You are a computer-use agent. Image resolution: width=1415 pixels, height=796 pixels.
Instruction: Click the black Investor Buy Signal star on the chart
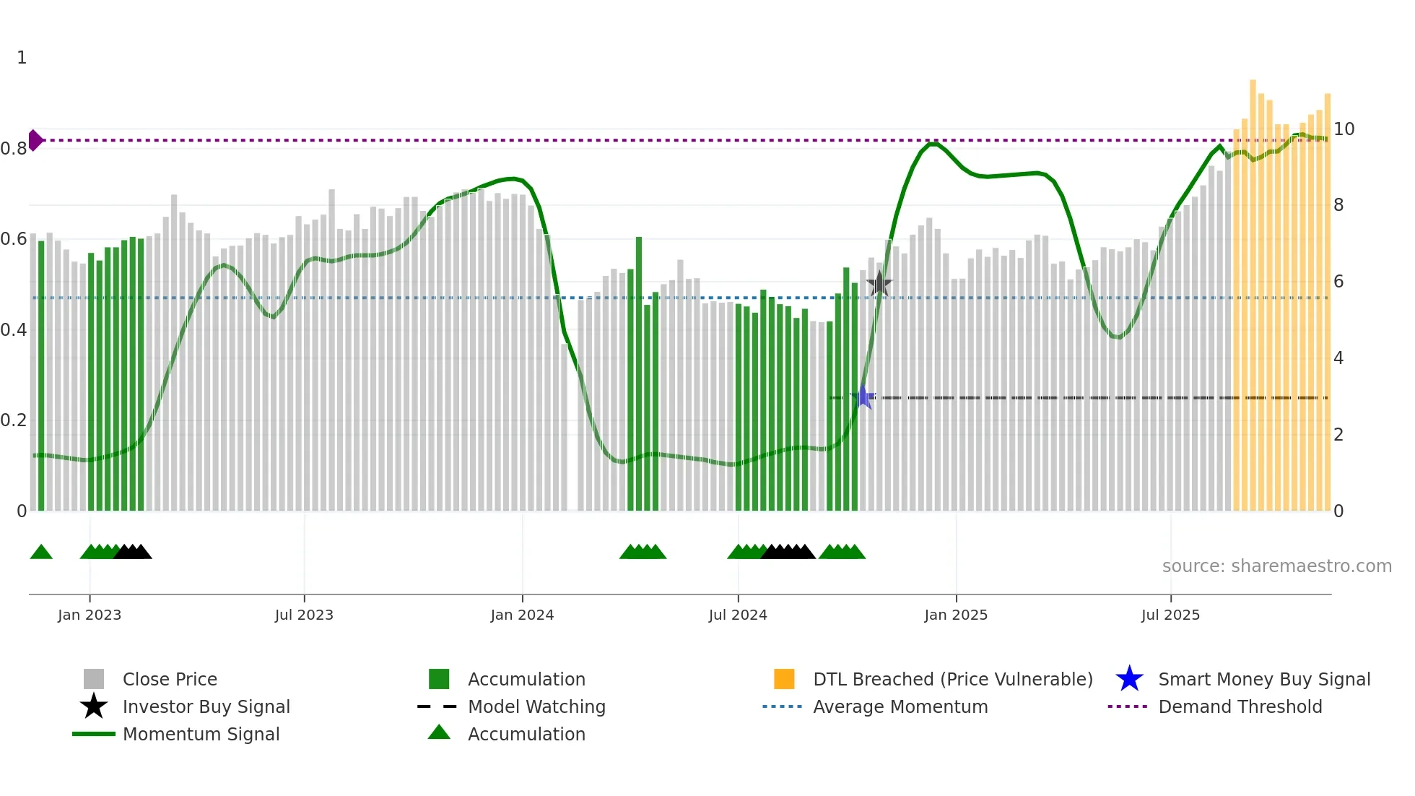879,284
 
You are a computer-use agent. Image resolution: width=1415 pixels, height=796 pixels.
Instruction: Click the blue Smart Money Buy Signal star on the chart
863,397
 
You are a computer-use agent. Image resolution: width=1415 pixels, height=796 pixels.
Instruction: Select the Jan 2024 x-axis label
522,615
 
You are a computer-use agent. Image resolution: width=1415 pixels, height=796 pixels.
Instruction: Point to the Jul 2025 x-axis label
1170,615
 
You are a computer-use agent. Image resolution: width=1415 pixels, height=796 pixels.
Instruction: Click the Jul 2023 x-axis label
304,615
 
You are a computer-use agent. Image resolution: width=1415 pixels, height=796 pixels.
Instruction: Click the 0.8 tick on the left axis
14,149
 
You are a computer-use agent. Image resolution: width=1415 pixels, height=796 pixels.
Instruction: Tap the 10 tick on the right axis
1344,129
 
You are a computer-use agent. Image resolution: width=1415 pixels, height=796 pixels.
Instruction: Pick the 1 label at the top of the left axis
22,58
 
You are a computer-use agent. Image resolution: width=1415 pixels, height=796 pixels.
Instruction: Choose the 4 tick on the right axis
1338,358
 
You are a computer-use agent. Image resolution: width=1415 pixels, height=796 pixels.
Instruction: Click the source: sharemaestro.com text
1276,566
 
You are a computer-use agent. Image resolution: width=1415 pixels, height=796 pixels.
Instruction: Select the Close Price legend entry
170,679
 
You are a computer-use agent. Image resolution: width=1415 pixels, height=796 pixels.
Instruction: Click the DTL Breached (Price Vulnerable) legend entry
952,679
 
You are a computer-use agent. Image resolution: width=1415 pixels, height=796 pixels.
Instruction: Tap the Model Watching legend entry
536,706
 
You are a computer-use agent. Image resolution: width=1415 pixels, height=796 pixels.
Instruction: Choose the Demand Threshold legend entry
1240,706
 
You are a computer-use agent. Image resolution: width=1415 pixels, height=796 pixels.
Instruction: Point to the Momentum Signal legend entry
201,734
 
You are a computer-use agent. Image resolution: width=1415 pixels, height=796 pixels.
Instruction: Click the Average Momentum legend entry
900,706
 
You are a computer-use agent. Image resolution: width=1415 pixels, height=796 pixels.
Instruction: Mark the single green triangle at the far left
41,553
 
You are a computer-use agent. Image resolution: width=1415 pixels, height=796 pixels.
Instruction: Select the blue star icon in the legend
1129,679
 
